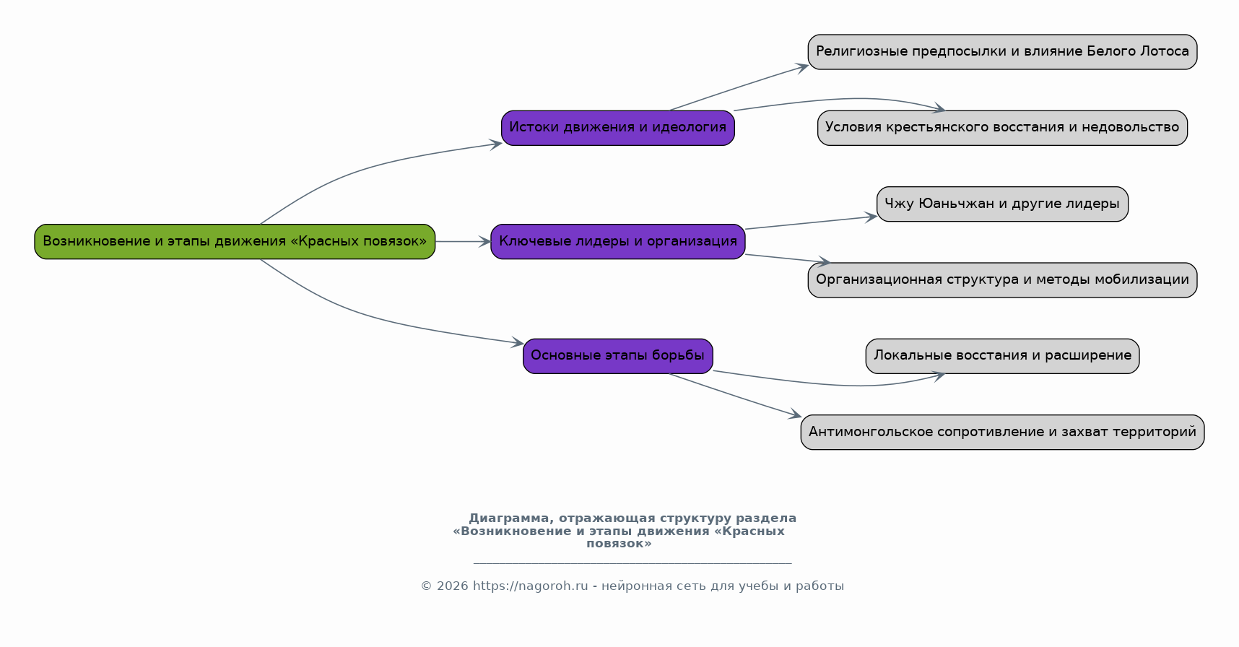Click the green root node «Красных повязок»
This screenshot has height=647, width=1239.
click(235, 241)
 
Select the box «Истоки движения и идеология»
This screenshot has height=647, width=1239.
click(618, 128)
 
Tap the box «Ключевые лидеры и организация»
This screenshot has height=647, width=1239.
click(618, 241)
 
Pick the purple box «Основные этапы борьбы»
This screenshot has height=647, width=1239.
click(618, 356)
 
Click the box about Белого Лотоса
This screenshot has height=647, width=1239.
click(1002, 52)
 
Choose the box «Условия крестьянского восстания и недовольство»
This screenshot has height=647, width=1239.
click(1002, 128)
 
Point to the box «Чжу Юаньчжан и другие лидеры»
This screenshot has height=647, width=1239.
click(1002, 204)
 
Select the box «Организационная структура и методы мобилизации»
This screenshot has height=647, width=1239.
click(1002, 280)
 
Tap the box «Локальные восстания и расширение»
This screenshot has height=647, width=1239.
click(1002, 356)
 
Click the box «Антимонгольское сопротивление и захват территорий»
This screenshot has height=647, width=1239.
click(1002, 433)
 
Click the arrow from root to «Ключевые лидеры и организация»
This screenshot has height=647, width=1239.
click(463, 241)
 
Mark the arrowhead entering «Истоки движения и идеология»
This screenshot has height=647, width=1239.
click(495, 144)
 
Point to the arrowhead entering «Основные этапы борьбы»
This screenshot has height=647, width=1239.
click(516, 342)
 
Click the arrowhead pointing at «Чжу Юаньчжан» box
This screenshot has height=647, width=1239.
click(870, 217)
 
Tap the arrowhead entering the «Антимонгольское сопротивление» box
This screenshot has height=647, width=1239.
click(794, 415)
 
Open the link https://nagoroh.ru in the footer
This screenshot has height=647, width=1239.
click(531, 586)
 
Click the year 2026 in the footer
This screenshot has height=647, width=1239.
click(452, 586)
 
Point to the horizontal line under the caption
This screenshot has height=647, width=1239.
click(632, 563)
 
